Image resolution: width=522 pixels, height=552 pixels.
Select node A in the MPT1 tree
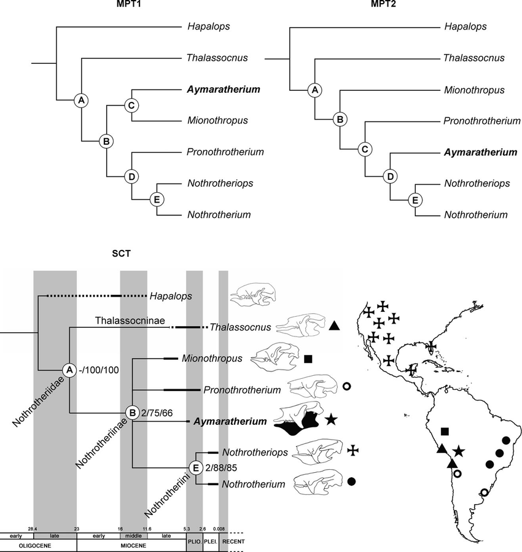click(x=80, y=99)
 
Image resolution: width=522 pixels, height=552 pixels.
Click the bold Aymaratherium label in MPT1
click(x=219, y=89)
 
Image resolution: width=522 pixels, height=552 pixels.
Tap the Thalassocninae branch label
click(x=130, y=321)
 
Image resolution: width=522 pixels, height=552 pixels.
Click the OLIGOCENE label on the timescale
click(x=38, y=543)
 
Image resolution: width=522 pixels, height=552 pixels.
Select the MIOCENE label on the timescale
click(x=131, y=543)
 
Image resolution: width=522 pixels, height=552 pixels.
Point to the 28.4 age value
click(x=33, y=527)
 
